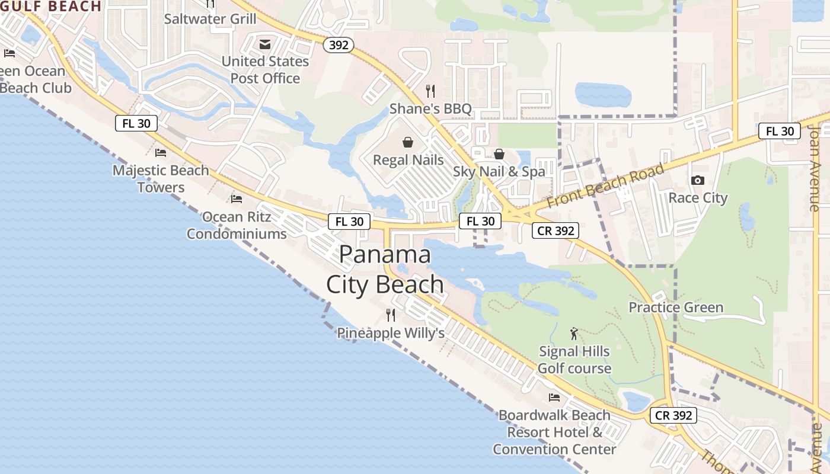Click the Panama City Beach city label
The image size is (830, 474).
pos(385,270)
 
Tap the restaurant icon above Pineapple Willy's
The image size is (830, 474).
pos(390,315)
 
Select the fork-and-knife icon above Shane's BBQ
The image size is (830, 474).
pos(430,91)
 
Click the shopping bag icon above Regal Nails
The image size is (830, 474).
pos(408,142)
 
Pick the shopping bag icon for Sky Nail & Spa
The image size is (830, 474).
pos(499,154)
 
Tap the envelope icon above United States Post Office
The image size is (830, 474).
pos(265,44)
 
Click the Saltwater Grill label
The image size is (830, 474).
pos(210,19)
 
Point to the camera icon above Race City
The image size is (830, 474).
pos(698,180)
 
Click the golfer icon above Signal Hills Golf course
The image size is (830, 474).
pos(573,334)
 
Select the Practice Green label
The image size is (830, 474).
pos(676,308)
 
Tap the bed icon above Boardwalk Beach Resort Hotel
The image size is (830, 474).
pos(554,397)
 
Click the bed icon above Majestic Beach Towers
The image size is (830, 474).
pos(160,153)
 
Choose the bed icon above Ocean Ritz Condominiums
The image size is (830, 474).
pos(237,198)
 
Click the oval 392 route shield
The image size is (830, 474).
pos(339,44)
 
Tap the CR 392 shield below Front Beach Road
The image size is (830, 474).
pos(555,230)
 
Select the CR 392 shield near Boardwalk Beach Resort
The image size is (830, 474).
pos(673,415)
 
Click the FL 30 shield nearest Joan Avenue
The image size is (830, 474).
pos(780,131)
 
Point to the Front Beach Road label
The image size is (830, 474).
pos(605,185)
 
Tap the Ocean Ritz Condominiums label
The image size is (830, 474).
pos(237,225)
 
